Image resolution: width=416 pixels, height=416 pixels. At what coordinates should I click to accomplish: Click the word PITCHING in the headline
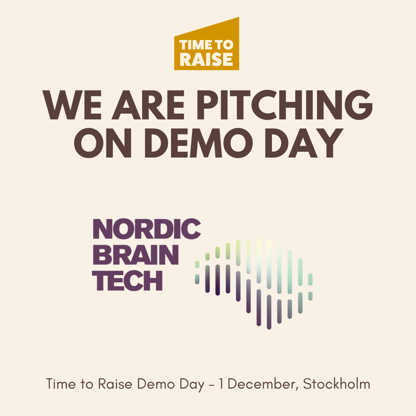(x=285, y=105)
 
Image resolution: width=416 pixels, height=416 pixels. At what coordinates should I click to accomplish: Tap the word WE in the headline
(x=72, y=105)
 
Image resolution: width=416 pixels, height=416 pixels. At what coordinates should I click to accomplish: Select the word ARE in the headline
(x=148, y=105)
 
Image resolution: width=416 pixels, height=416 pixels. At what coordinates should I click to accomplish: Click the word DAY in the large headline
(x=304, y=143)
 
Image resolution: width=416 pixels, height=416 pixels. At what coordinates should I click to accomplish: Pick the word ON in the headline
(x=103, y=143)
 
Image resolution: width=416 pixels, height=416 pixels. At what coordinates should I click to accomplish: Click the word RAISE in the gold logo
(x=206, y=59)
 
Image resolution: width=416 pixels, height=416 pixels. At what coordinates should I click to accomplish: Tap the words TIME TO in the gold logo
(x=206, y=45)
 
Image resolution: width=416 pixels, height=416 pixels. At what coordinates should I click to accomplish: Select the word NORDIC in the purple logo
(x=147, y=229)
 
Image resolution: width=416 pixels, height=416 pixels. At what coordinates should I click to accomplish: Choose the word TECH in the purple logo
(x=127, y=280)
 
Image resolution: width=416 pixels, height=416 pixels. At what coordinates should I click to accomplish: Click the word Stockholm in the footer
(x=337, y=384)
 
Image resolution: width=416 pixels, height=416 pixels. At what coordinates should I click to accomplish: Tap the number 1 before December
(x=221, y=384)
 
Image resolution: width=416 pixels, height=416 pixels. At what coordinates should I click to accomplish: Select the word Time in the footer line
(x=61, y=384)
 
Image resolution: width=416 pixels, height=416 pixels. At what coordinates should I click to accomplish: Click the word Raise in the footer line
(x=115, y=384)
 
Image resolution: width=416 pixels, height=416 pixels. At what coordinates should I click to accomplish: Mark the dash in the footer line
(x=211, y=385)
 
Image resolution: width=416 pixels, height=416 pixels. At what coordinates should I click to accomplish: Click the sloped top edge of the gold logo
(x=207, y=27)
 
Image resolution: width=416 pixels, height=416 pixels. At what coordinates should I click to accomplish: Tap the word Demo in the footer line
(x=156, y=384)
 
